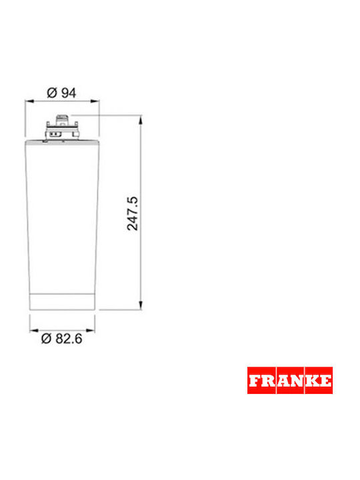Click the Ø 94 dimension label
pyautogui.click(x=61, y=93)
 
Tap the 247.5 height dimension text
pyautogui.click(x=133, y=213)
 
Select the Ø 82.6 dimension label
pyautogui.click(x=62, y=339)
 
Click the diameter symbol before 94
pyautogui.click(x=52, y=93)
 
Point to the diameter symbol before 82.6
pyautogui.click(x=46, y=339)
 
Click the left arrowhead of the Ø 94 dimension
pyautogui.click(x=29, y=101)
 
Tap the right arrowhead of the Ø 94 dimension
pyautogui.click(x=95, y=101)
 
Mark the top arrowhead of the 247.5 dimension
pyautogui.click(x=141, y=120)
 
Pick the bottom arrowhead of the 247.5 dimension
pyautogui.click(x=141, y=305)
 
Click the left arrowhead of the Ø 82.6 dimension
pyautogui.click(x=34, y=330)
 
